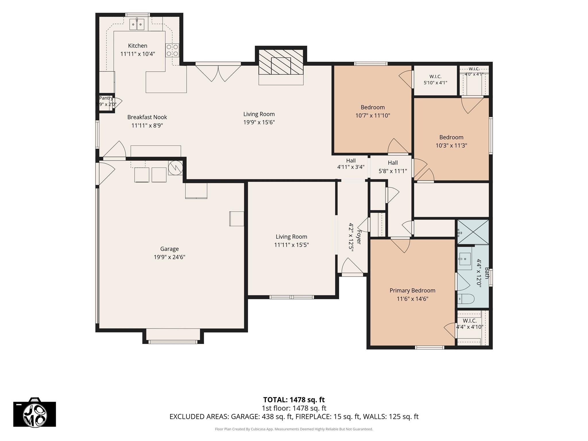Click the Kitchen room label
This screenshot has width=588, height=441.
138,46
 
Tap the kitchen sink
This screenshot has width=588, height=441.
137,24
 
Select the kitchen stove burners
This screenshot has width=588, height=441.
172,50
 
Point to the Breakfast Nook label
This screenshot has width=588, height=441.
147,117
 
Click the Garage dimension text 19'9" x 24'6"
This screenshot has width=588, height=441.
169,257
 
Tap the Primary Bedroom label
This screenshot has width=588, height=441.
412,291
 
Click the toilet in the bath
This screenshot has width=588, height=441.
465,299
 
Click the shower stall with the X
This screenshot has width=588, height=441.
473,232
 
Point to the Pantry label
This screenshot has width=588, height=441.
106,98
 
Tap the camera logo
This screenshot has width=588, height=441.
35,412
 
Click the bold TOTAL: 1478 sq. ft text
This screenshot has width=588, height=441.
294,400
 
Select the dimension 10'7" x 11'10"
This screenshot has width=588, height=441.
373,115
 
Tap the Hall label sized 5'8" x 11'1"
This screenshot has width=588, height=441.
393,167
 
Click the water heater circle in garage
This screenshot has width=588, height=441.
175,168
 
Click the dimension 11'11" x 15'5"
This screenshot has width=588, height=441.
291,245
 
